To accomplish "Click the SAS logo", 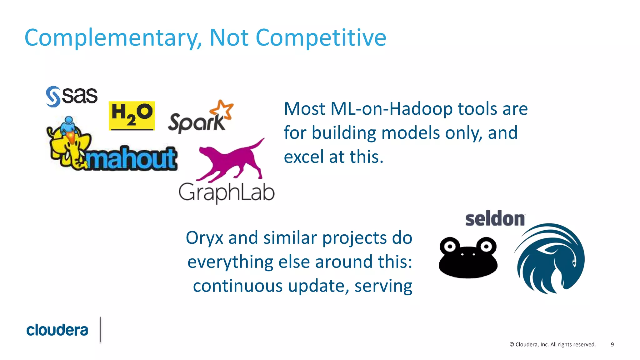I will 72,96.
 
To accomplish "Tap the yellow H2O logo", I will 132,116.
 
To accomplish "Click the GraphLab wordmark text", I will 227,192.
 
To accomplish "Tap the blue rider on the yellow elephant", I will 68,125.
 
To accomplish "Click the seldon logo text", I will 495,218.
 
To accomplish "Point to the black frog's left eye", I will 450,247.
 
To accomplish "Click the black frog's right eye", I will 486,246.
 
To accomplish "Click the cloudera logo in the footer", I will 57,330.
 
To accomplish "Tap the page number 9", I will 612,344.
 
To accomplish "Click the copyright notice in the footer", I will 552,344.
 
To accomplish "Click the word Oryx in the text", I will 204,238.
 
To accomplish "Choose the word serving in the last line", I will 383,286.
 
